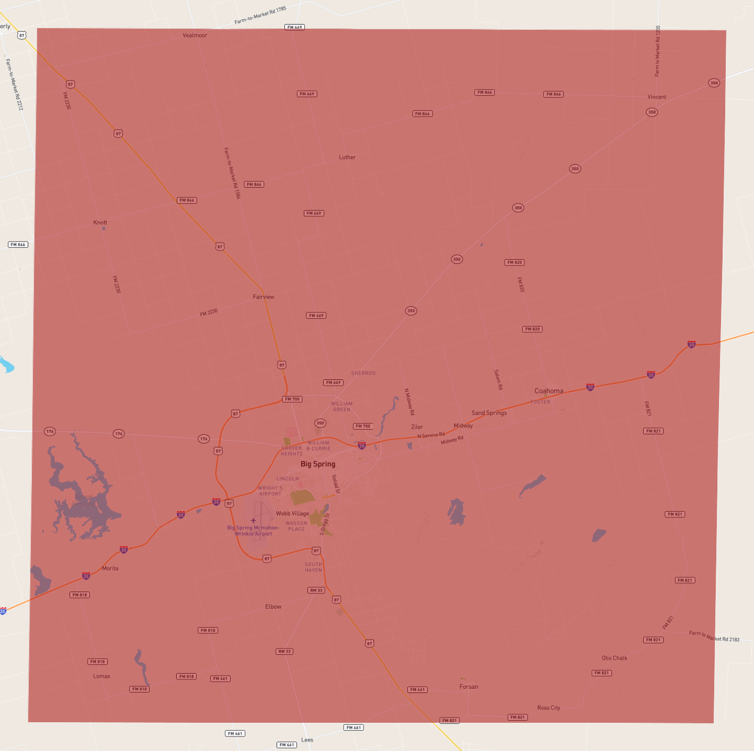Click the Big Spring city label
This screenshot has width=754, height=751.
(x=318, y=464)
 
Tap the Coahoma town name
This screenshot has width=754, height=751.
(x=549, y=391)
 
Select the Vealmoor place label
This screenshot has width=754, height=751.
(x=195, y=36)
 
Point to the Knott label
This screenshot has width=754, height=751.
(x=100, y=223)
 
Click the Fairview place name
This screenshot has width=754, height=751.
(x=264, y=297)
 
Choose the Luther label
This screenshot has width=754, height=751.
(x=347, y=157)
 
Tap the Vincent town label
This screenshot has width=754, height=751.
(x=657, y=97)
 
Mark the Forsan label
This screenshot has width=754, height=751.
(x=469, y=687)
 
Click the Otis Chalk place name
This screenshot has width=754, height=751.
(x=614, y=658)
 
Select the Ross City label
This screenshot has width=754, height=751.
(x=549, y=708)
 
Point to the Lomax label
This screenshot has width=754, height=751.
(x=101, y=676)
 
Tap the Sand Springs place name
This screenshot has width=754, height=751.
(x=489, y=413)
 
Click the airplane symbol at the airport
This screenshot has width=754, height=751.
(x=254, y=521)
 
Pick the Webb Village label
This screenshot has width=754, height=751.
(x=292, y=514)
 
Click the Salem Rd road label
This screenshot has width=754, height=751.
(x=498, y=380)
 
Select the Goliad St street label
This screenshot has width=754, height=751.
(x=336, y=484)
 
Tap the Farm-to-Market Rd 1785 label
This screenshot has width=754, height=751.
(x=260, y=15)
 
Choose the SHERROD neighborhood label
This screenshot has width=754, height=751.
(x=363, y=373)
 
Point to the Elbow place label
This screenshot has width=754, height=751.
(x=273, y=607)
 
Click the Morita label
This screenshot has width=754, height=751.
(x=110, y=569)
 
